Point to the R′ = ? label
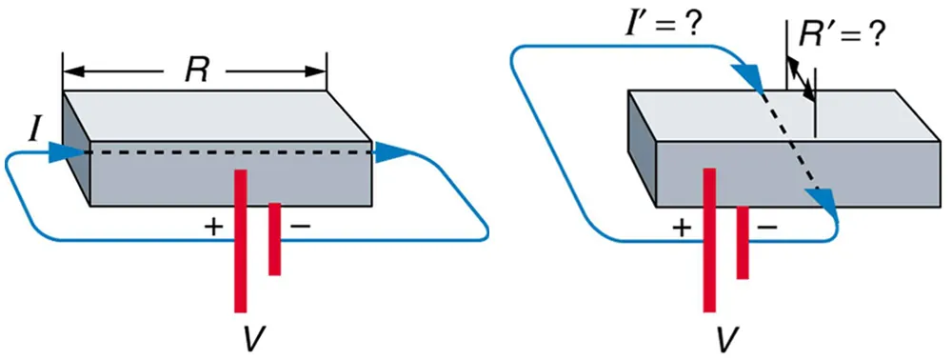click(839, 37)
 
